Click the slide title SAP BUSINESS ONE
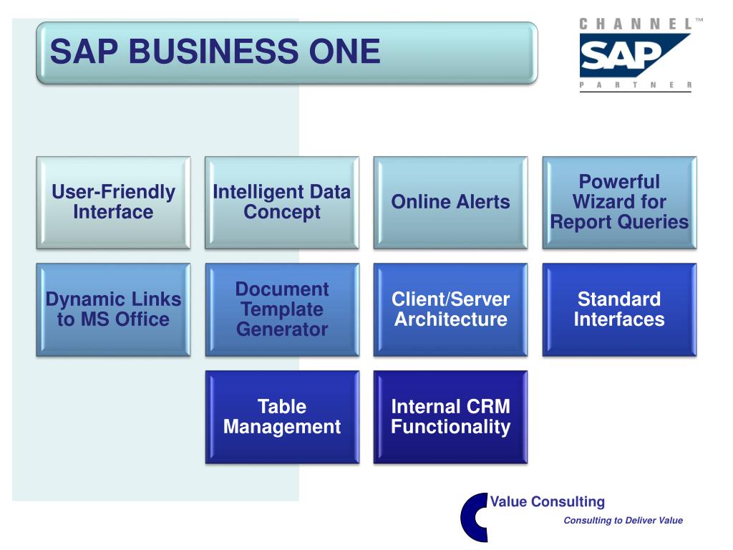click(215, 52)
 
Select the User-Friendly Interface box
click(113, 203)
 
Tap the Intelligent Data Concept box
click(282, 203)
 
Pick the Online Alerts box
click(450, 203)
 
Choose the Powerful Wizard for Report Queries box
click(619, 203)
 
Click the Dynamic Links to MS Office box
click(113, 309)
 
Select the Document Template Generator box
click(282, 309)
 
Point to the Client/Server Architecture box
click(450, 309)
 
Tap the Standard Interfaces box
click(619, 309)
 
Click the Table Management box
click(282, 417)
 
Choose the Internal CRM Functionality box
click(450, 417)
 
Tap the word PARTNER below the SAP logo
click(636, 85)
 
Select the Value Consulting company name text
click(548, 502)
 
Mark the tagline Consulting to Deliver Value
click(623, 521)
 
